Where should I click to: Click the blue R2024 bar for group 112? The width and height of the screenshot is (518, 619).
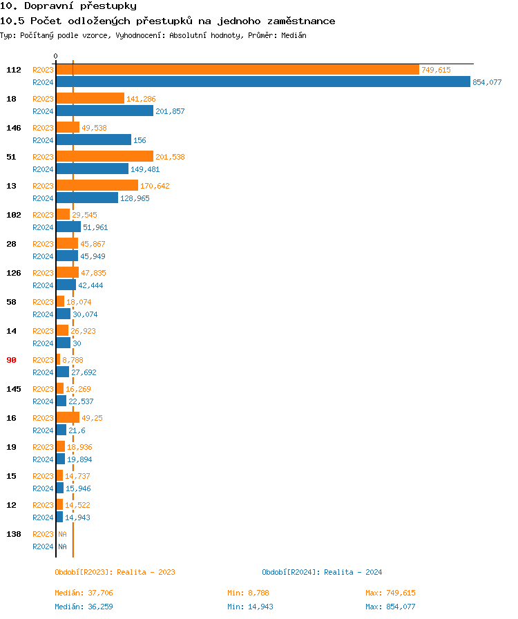pyautogui.click(x=262, y=82)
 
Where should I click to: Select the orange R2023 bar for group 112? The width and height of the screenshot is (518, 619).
pyautogui.click(x=237, y=70)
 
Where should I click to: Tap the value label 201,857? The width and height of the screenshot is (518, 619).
pyautogui.click(x=170, y=111)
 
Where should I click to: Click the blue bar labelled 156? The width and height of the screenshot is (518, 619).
pyautogui.click(x=93, y=140)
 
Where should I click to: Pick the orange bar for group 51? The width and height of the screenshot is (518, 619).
pyautogui.click(x=104, y=157)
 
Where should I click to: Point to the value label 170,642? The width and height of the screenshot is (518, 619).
pyautogui.click(x=155, y=186)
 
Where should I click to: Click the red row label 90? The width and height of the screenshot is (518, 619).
pyautogui.click(x=11, y=360)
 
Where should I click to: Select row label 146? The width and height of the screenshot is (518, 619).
pyautogui.click(x=13, y=128)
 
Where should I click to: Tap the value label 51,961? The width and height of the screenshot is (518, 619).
pyautogui.click(x=95, y=227)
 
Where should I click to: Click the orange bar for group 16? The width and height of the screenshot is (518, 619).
pyautogui.click(x=68, y=417)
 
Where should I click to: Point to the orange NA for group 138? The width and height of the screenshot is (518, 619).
pyautogui.click(x=62, y=534)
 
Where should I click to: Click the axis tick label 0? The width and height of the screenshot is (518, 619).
pyautogui.click(x=56, y=56)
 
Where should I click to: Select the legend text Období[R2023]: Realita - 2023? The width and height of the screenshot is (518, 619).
pyautogui.click(x=115, y=572)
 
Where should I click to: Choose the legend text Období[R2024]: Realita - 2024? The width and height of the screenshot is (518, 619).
pyautogui.click(x=322, y=572)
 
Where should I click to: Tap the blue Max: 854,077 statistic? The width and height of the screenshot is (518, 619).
pyautogui.click(x=390, y=607)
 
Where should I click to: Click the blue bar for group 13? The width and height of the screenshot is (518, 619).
pyautogui.click(x=87, y=198)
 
